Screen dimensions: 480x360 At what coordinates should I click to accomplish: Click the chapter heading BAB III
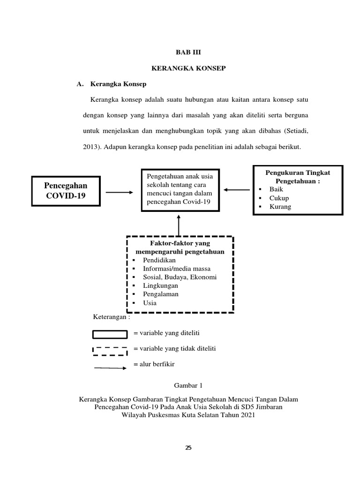tap(188, 53)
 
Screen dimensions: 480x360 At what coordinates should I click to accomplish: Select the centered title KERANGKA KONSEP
tap(188, 68)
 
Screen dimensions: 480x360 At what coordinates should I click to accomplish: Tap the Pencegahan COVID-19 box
tap(66, 191)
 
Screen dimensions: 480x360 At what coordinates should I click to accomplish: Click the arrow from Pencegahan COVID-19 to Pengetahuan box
tap(120, 192)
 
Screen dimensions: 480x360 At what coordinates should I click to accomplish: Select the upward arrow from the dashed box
tap(179, 227)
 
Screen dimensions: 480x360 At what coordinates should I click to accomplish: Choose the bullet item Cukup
tap(278, 198)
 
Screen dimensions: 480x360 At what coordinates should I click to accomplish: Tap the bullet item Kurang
tap(280, 207)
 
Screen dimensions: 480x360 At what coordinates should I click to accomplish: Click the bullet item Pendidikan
tap(160, 260)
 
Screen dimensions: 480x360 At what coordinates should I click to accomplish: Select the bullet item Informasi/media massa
tap(177, 269)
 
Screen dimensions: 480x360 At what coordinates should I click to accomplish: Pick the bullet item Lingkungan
tap(160, 285)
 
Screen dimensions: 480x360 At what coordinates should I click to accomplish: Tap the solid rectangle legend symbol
tap(110, 334)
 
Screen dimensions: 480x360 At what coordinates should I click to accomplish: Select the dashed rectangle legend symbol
tap(110, 350)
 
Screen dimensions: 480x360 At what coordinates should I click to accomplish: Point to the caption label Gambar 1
tap(188, 386)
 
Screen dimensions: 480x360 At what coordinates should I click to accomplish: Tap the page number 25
tap(188, 448)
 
